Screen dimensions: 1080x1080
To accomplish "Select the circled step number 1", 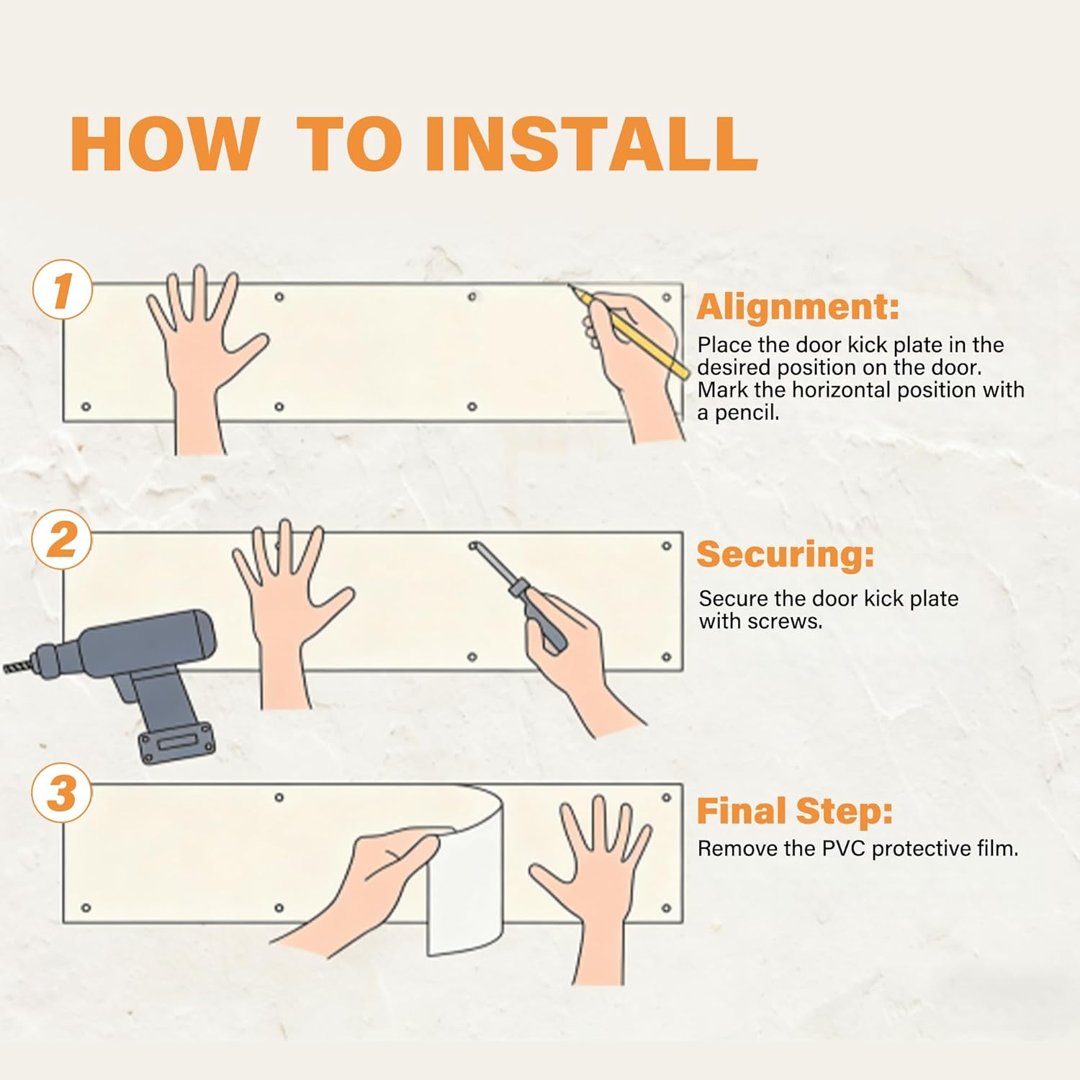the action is pos(63,289).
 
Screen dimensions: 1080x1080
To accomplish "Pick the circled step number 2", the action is pos(63,539).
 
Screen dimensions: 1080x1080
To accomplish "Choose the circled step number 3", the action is pos(63,793).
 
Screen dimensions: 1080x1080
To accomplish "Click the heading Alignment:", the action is pos(798,307).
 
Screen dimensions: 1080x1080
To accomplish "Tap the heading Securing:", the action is pos(785,555).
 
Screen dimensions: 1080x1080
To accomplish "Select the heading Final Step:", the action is pos(794,811).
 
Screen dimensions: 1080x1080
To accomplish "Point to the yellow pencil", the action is pos(629,331).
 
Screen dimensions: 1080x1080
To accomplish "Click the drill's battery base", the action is pos(176,742).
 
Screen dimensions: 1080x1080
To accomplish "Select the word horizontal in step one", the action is pos(842,390).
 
